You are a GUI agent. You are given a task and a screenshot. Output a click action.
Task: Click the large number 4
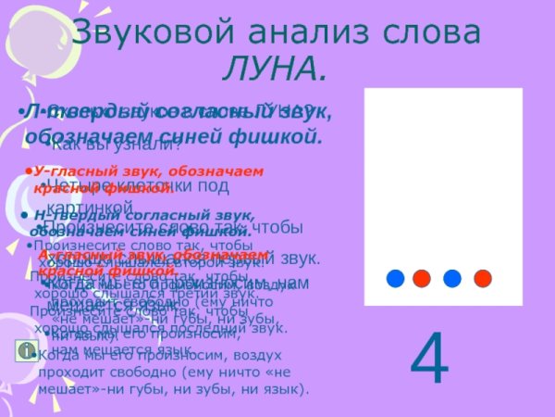pos(428,360)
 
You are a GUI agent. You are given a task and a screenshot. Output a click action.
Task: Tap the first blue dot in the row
pos(395,277)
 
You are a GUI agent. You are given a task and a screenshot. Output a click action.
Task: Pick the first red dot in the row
pos(423,277)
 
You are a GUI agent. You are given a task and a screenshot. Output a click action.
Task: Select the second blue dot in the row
pos(452,277)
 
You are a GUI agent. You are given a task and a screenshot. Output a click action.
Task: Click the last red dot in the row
pos(482,277)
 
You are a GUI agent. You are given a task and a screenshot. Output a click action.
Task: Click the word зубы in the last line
pos(214,390)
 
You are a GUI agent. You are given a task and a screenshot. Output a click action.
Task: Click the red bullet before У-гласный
pos(31,171)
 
